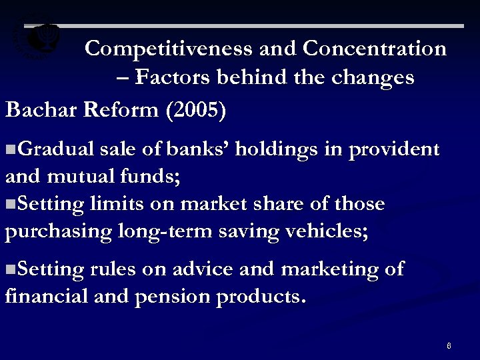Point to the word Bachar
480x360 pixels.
click(41, 109)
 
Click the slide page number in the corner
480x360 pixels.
click(449, 345)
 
